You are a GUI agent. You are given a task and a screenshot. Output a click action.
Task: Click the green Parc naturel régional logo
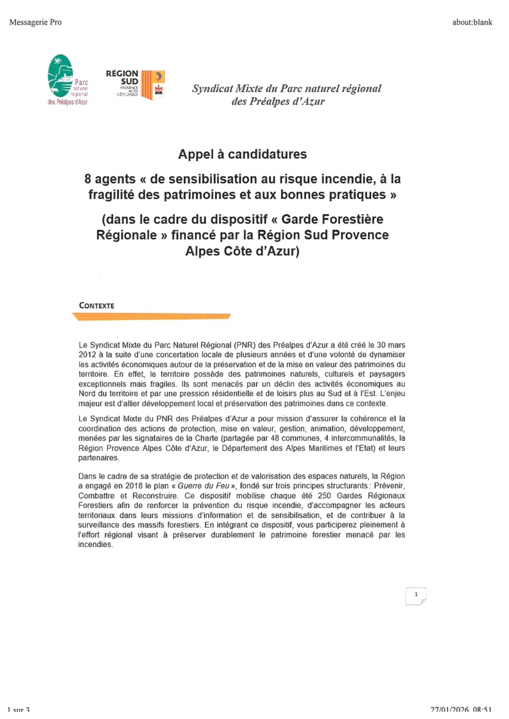(x=68, y=78)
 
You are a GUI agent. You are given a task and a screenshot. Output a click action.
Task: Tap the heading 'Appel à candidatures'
(x=242, y=155)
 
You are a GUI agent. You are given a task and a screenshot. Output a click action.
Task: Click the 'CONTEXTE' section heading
(x=97, y=305)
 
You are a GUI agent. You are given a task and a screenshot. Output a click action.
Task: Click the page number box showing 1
(x=415, y=596)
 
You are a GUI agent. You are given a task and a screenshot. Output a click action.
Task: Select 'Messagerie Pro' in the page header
(x=35, y=23)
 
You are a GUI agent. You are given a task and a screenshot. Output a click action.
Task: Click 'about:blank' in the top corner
(x=472, y=23)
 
